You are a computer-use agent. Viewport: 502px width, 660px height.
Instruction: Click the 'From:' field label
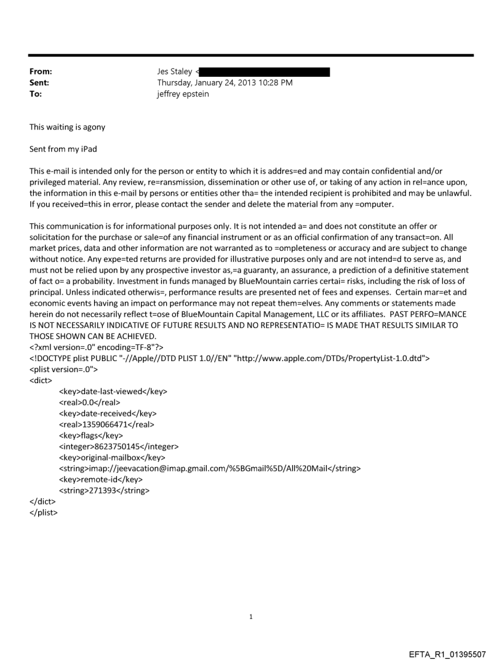coord(41,72)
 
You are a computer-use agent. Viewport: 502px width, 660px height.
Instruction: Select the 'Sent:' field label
coord(39,83)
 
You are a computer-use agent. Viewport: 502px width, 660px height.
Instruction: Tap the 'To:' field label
coord(36,94)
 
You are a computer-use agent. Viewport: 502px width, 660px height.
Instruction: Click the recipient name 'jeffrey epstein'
coord(183,94)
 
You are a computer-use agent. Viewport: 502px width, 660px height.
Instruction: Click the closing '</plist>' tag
coord(44,512)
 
